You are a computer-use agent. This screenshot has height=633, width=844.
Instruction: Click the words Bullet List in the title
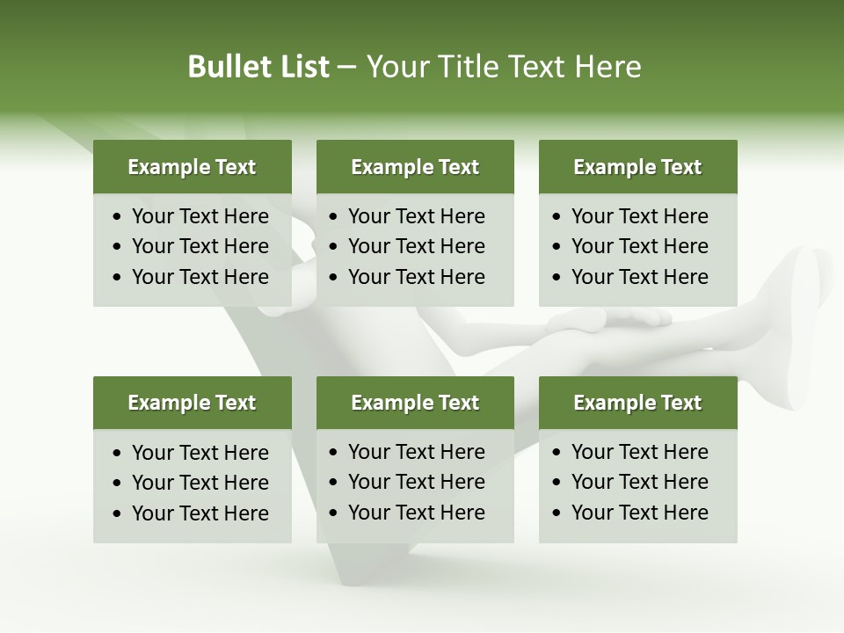(258, 67)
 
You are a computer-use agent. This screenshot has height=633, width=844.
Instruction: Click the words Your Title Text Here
(503, 67)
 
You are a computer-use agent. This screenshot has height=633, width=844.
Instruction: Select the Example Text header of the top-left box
(192, 167)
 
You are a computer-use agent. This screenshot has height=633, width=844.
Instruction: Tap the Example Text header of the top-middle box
(415, 167)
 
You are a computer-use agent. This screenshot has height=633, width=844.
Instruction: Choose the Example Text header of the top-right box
(637, 167)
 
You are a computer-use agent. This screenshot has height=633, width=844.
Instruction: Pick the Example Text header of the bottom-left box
(192, 403)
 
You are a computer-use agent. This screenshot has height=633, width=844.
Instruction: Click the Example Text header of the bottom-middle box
(415, 403)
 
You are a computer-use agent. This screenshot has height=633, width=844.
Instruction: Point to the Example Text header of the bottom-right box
(637, 403)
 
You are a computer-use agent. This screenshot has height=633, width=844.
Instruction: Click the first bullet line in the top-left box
(200, 216)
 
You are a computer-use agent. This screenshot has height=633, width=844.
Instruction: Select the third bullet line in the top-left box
(200, 277)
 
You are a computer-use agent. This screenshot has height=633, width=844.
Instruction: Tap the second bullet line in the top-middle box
(416, 246)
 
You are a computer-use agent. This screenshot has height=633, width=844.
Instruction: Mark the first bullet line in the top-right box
(639, 216)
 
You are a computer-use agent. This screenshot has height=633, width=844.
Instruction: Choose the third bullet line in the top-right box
(639, 277)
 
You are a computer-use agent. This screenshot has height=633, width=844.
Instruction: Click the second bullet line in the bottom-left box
(200, 483)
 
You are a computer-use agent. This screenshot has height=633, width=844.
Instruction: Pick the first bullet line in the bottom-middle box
(416, 452)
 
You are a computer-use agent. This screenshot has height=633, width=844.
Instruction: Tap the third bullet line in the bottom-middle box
(416, 513)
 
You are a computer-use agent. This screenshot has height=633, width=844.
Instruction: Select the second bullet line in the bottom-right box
(639, 482)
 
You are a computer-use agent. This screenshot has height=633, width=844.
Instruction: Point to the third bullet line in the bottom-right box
(639, 513)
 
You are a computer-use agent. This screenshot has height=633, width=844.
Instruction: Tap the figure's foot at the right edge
(804, 290)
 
